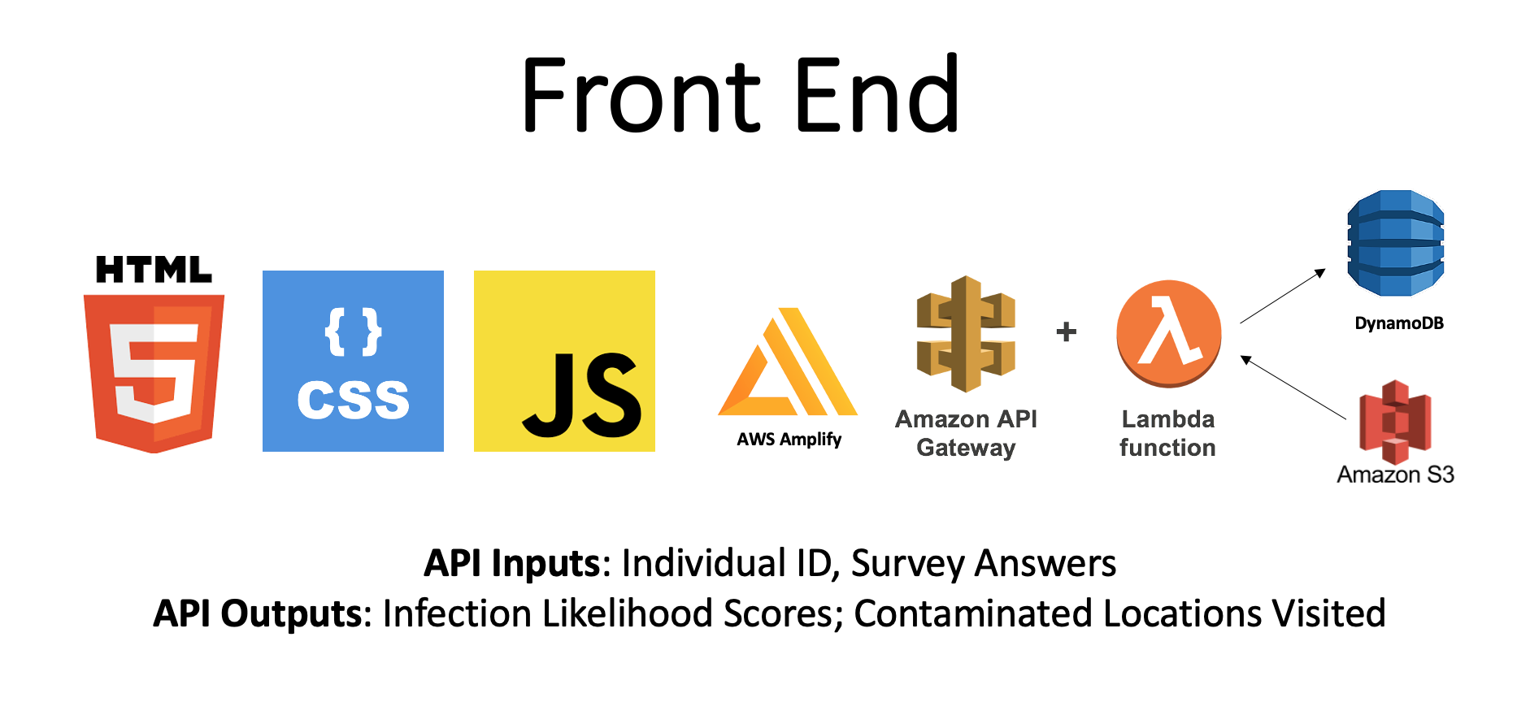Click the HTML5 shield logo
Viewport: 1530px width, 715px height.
pos(154,372)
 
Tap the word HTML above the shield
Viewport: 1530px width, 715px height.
pos(154,270)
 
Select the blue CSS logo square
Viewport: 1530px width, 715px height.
pos(353,361)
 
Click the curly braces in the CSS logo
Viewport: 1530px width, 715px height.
pos(353,331)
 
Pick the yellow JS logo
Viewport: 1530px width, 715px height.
pos(564,361)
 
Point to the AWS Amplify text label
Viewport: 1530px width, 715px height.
pos(789,440)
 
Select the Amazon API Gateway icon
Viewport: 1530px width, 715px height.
pos(966,333)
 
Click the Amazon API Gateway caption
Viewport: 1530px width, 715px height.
pos(966,433)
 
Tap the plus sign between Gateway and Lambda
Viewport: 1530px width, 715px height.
pos(1066,331)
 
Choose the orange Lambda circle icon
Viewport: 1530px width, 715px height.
pos(1168,333)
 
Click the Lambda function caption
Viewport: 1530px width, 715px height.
pos(1167,433)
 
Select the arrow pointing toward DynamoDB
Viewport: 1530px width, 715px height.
pos(1282,297)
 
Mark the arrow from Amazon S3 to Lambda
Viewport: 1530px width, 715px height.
pos(1293,387)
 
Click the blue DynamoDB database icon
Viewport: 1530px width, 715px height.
pos(1395,243)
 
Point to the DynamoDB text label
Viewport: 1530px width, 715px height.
pos(1398,323)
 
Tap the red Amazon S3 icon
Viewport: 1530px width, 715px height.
pos(1395,422)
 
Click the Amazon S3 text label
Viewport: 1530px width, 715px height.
pos(1395,474)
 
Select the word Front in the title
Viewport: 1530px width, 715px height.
pos(641,95)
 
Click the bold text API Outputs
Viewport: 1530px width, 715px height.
pos(257,613)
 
